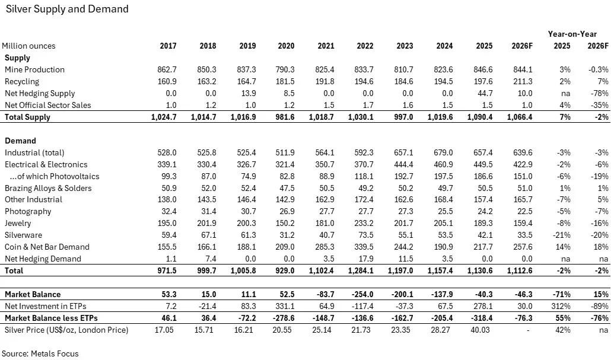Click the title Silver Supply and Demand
coord(66,9)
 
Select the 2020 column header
coord(286,46)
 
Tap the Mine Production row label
coord(34,69)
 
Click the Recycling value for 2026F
coord(523,81)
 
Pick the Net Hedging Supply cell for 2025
coord(485,93)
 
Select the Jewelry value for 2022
coord(365,223)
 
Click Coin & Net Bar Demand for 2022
coord(365,247)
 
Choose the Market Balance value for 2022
coord(363,294)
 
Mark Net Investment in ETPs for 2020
coord(286,306)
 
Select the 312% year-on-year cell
coord(561,306)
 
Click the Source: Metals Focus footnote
coord(40,353)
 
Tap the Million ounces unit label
coord(28,46)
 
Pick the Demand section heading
coord(20,141)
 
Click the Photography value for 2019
coord(247,211)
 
